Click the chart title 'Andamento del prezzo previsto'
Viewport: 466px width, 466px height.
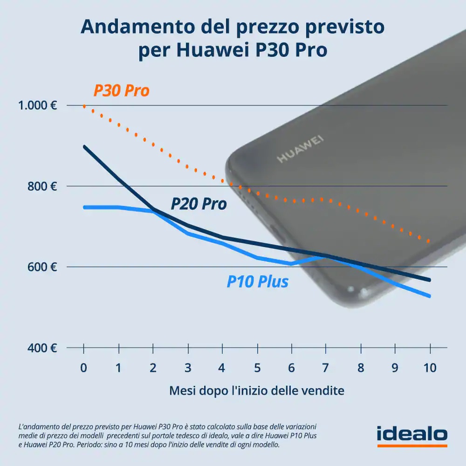233,27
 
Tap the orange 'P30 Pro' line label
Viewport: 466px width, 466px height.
121,90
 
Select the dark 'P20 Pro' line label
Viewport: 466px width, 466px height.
199,204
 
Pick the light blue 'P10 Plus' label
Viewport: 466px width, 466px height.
257,281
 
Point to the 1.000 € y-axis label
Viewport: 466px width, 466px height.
38,105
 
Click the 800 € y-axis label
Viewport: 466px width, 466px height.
42,186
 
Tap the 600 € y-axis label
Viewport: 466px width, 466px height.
42,267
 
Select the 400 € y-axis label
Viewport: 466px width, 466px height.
42,348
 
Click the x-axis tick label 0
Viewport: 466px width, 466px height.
83,368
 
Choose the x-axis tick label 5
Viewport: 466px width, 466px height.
257,368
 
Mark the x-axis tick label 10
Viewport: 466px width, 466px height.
430,368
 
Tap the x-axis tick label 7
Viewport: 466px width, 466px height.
326,368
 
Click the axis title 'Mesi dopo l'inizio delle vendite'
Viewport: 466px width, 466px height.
256,391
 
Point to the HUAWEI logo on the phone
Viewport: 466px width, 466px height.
301,150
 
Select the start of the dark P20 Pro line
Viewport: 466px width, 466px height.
84,146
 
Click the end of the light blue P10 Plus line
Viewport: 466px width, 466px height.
429,296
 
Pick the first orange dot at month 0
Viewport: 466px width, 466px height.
84,106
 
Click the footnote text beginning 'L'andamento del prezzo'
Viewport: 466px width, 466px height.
168,436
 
